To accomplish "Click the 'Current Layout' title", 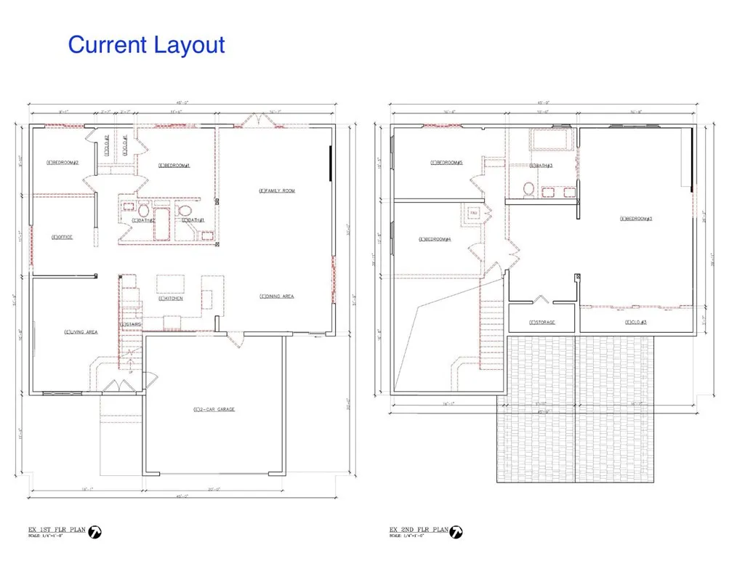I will (146, 45).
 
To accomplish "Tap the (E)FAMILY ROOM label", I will (277, 190).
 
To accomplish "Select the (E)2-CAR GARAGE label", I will (214, 410).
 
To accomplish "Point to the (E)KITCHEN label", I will (171, 299).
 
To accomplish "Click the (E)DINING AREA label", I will (277, 296).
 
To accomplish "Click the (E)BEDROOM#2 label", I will (62, 162).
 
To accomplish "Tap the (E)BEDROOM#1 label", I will (174, 165).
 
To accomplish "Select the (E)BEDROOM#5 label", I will (446, 162).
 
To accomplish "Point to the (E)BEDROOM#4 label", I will (435, 240).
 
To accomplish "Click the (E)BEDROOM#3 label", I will (636, 218).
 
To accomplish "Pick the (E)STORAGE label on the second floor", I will (542, 322).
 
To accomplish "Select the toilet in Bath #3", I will (529, 190).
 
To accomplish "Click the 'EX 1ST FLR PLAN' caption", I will (55, 530).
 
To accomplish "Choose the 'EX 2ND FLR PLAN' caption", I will (417, 530).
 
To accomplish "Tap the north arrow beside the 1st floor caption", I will (94, 533).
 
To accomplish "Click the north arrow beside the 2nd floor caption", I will (456, 533).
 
